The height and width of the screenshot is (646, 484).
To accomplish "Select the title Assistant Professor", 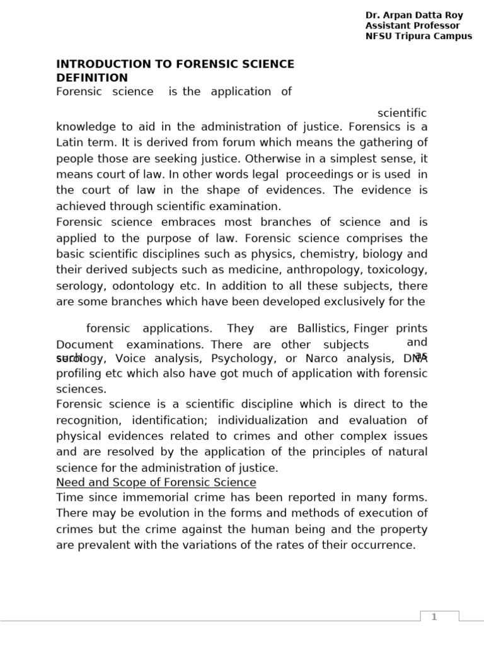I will click(412, 26).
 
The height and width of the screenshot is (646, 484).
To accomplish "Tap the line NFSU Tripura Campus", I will click(418, 36).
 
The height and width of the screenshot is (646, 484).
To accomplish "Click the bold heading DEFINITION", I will click(92, 78).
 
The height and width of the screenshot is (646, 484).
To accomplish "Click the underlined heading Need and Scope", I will click(156, 483).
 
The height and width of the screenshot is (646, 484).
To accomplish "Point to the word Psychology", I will click(240, 358).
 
